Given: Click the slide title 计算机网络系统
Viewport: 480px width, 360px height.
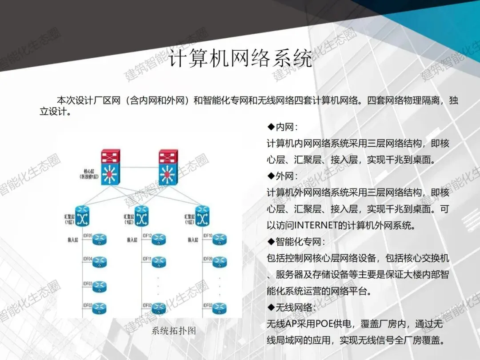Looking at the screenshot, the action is click(240, 59).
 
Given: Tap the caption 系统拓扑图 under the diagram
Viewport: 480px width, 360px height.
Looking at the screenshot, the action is click(174, 331).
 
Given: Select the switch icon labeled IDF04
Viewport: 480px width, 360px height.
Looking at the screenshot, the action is click(100, 262).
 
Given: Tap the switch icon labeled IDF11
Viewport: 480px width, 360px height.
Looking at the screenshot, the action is click(159, 262).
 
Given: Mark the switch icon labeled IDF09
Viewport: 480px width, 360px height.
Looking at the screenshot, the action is click(219, 262).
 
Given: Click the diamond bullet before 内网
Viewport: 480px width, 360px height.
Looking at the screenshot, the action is click(270, 128).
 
